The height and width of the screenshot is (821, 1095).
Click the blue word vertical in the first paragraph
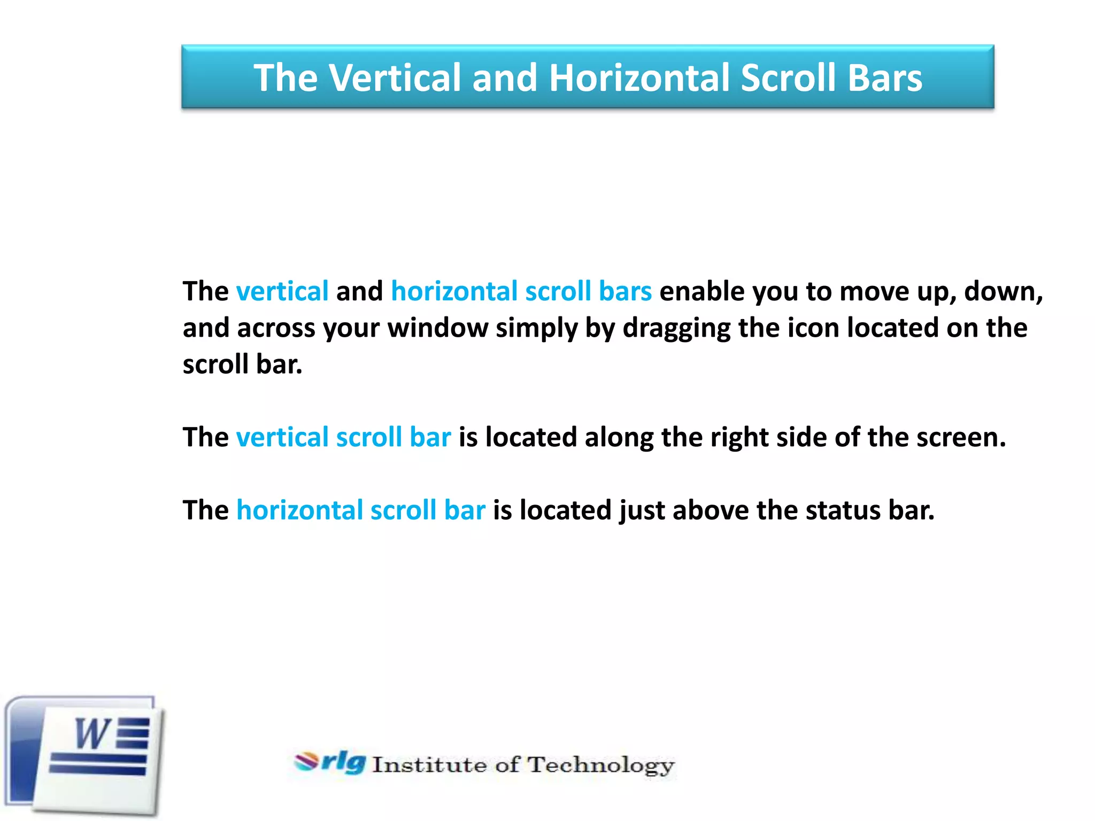click(282, 292)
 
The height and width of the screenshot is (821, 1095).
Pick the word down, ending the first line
click(1003, 292)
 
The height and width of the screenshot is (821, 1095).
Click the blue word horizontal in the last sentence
click(299, 510)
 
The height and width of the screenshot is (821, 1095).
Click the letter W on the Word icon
click(92, 734)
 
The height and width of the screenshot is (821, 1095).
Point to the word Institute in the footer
click(429, 765)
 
